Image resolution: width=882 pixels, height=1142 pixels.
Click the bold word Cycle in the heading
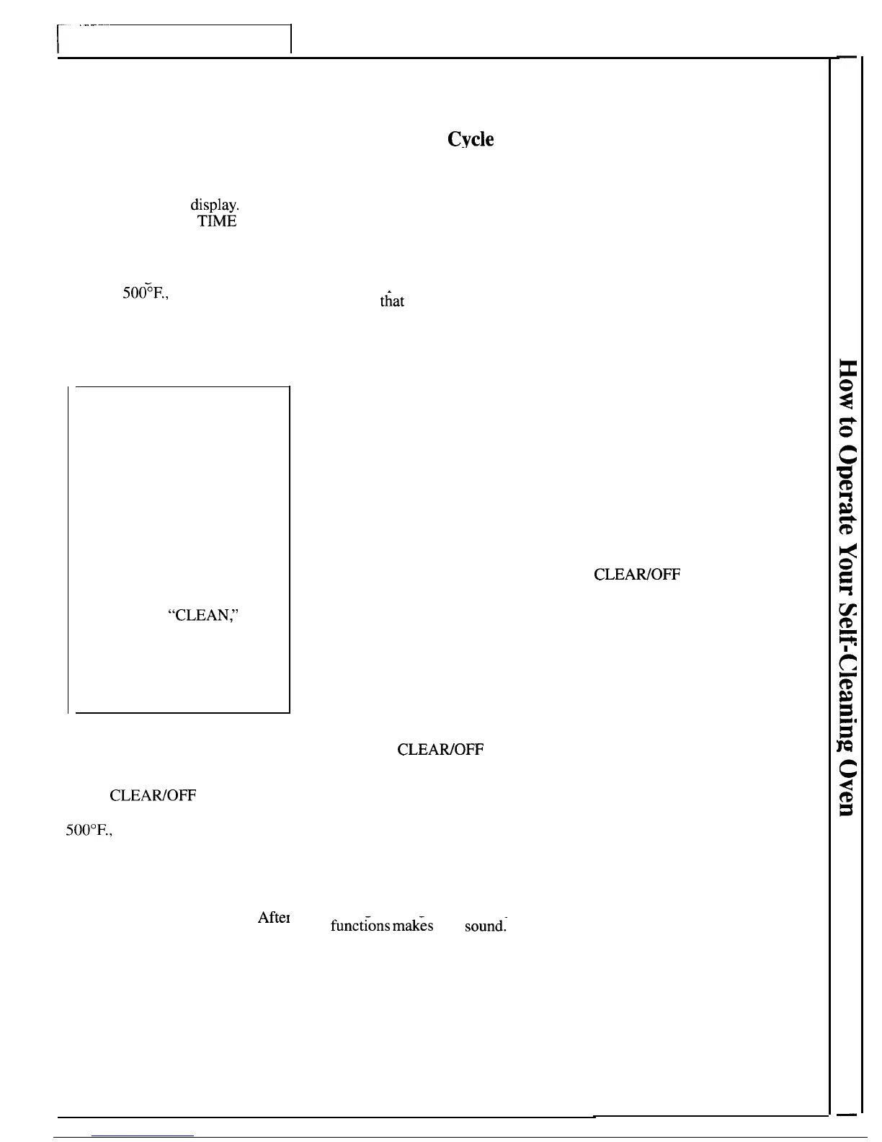pyautogui.click(x=471, y=139)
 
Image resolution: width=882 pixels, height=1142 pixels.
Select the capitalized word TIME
pyautogui.click(x=217, y=221)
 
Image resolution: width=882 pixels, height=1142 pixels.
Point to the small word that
pyautogui.click(x=392, y=301)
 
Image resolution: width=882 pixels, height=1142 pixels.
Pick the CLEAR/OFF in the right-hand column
pyautogui.click(x=637, y=575)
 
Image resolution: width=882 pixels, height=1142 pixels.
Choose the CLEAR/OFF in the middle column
pyautogui.click(x=440, y=750)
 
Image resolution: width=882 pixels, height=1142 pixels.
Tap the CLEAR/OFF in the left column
pyautogui.click(x=153, y=796)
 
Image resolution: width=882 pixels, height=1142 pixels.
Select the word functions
pyautogui.click(x=361, y=926)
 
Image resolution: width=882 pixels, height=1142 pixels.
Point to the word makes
pyautogui.click(x=414, y=926)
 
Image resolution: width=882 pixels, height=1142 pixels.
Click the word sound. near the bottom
pyautogui.click(x=486, y=926)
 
